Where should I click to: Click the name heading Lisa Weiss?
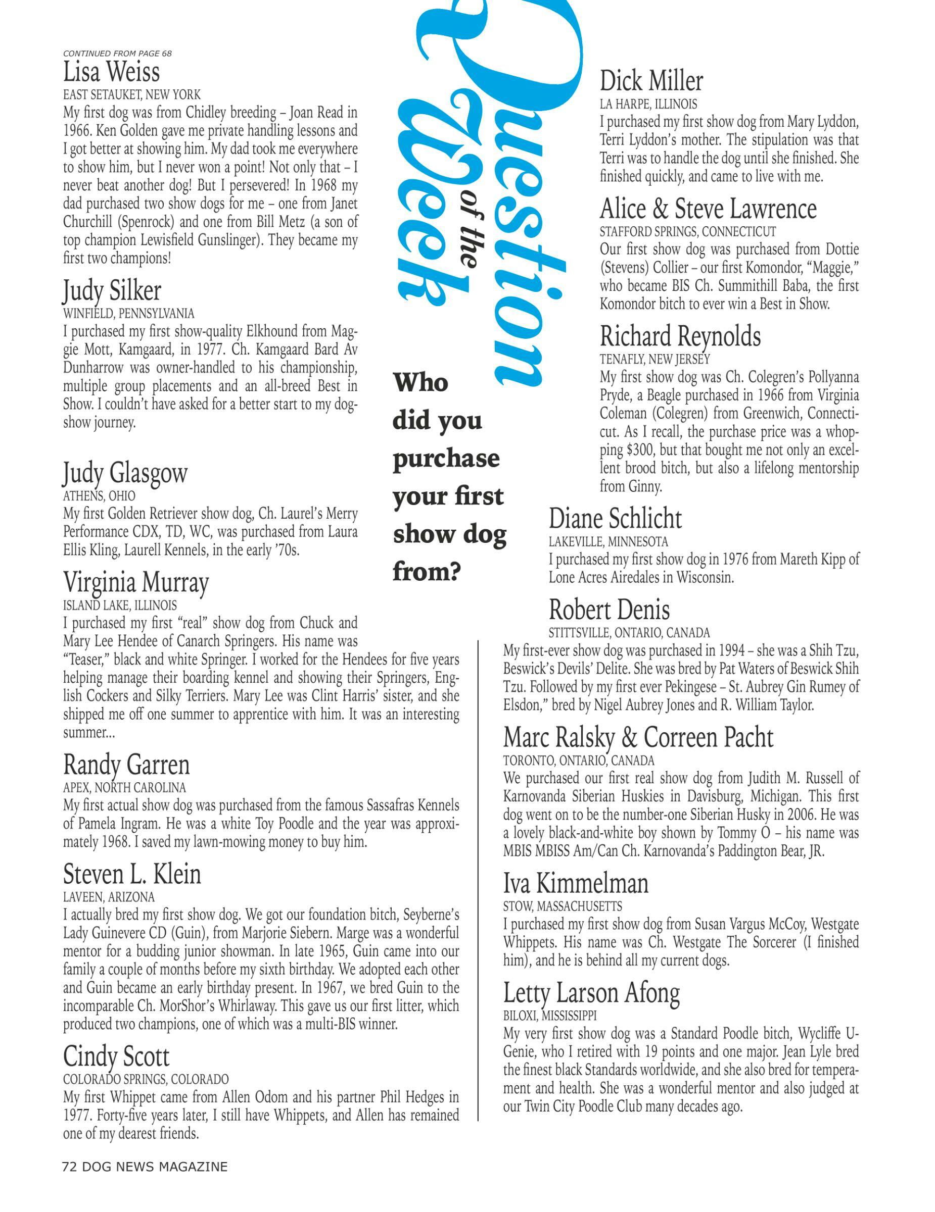click(111, 72)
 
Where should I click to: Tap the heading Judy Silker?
click(112, 291)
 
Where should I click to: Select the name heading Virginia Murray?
click(136, 582)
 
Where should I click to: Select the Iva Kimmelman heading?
click(576, 883)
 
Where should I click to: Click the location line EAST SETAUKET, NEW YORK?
click(132, 94)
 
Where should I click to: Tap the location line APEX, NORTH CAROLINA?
click(124, 787)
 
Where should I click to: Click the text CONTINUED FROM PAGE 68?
click(117, 53)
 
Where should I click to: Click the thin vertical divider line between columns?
click(478, 888)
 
